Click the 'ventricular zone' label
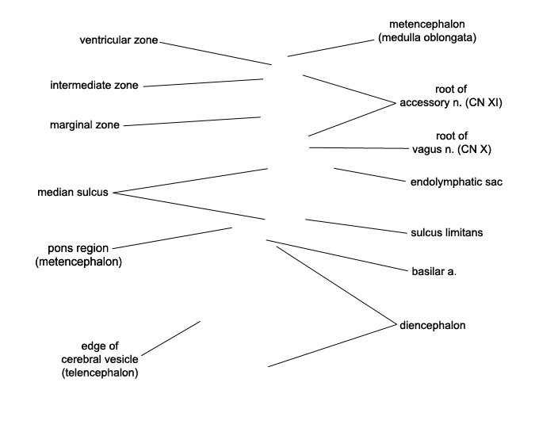pos(119,40)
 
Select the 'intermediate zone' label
pos(94,86)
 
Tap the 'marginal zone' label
pos(85,125)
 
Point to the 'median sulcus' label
pos(73,193)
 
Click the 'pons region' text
pos(78,248)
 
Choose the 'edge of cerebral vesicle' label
pos(100,359)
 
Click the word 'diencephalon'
pos(433,325)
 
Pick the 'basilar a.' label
pos(434,271)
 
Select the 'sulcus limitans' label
pos(447,232)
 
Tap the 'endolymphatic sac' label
pos(457,182)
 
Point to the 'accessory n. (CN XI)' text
pos(451,102)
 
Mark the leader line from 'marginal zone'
pos(192,121)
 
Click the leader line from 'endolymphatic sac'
pos(369,175)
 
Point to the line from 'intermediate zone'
pos(203,82)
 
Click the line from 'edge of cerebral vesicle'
pos(170,338)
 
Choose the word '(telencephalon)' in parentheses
pos(100,373)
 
